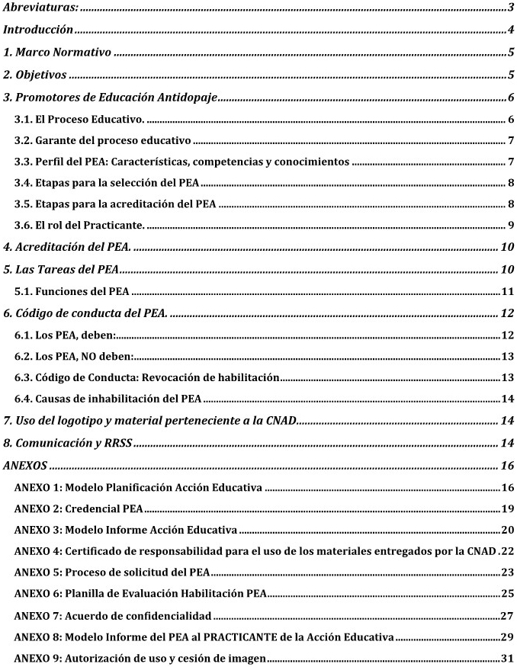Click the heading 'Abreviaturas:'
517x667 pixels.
pos(41,8)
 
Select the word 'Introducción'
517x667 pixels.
pos(37,30)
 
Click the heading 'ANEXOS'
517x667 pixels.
pos(24,465)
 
